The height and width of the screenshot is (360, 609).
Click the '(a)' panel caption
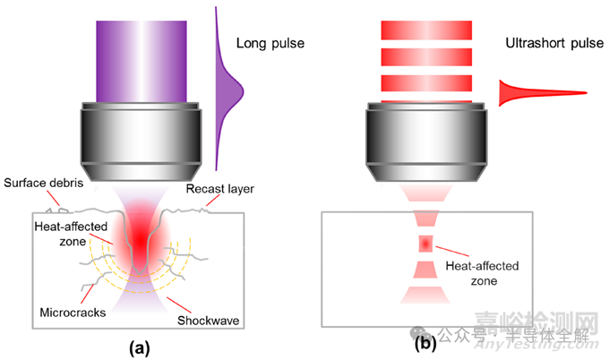point(138,343)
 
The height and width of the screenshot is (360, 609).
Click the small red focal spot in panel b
point(425,244)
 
